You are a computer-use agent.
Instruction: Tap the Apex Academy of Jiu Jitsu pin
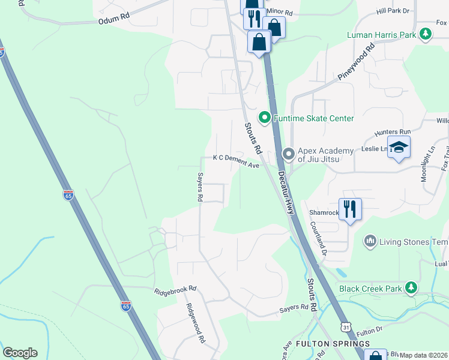click(x=289, y=155)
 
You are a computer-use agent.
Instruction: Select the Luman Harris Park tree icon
click(x=426, y=34)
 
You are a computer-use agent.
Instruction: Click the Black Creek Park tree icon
click(x=411, y=288)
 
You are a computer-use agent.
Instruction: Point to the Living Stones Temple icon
click(x=370, y=241)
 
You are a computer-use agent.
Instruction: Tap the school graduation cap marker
click(x=399, y=148)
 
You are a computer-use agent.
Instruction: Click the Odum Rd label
click(x=114, y=20)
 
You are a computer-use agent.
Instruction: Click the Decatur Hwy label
click(x=287, y=193)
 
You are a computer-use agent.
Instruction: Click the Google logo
click(x=20, y=353)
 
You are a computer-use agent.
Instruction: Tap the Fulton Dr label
click(x=369, y=331)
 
